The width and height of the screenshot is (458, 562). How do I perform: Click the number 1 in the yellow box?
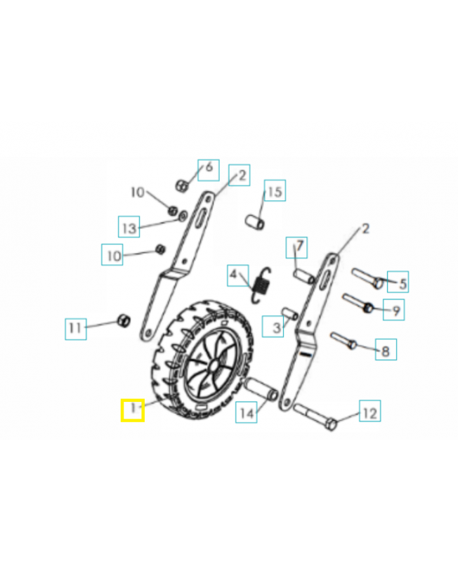(133, 408)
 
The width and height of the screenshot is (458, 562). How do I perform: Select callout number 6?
(209, 167)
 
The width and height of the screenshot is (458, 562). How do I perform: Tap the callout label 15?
(275, 192)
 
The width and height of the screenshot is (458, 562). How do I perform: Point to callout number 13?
(129, 228)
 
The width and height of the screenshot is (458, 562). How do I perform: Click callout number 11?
(75, 327)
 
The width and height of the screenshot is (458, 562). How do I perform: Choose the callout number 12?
(370, 413)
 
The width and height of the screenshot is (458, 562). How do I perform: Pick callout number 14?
(247, 413)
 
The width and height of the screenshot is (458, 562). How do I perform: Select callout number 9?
(396, 311)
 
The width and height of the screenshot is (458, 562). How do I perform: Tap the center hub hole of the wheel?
(214, 366)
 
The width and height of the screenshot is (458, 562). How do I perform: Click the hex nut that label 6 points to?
(182, 185)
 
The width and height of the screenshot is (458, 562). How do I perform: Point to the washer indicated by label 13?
(183, 216)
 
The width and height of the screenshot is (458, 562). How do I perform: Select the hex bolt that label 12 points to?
(315, 417)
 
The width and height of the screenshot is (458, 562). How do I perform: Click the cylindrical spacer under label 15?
(255, 222)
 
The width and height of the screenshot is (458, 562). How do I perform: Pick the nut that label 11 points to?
(124, 320)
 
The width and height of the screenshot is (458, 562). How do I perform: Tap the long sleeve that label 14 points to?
(261, 389)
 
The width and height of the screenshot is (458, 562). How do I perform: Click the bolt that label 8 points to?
(343, 340)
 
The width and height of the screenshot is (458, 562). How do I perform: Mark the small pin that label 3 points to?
(289, 313)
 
